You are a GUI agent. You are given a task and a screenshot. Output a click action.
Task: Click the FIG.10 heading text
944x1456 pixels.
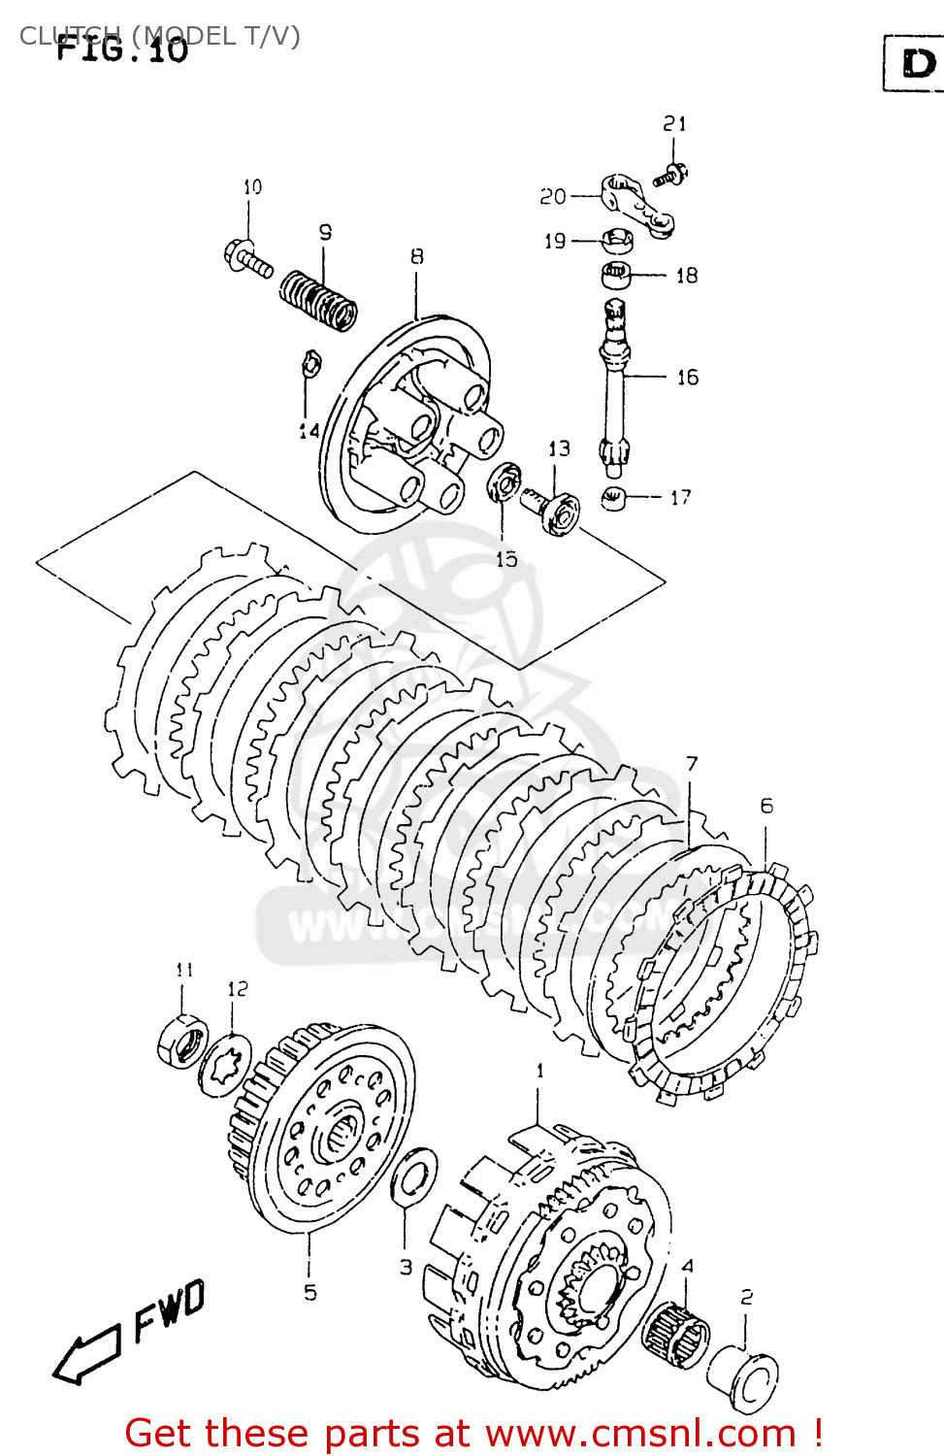click(x=121, y=49)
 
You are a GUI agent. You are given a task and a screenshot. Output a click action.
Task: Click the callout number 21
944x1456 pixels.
click(x=674, y=123)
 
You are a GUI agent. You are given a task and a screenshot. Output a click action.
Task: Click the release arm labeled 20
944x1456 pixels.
click(x=633, y=205)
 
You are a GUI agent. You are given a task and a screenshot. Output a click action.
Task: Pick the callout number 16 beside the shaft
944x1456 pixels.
click(x=687, y=377)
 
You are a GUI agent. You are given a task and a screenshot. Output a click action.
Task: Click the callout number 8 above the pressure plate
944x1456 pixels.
click(x=416, y=256)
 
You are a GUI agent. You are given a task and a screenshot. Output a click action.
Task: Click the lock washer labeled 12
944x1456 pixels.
click(x=226, y=1065)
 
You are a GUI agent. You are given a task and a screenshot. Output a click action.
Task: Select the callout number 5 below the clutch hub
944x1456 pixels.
click(x=309, y=1292)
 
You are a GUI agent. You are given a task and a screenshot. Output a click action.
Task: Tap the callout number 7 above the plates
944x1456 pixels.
click(x=691, y=764)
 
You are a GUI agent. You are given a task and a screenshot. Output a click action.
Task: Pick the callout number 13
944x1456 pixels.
click(x=559, y=448)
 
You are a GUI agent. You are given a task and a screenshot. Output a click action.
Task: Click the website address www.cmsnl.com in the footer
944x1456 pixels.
click(x=640, y=1433)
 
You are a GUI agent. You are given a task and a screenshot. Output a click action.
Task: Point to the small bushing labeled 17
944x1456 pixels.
click(x=613, y=499)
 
